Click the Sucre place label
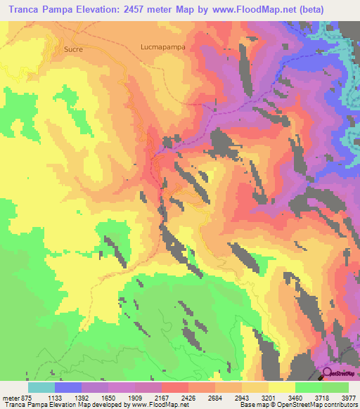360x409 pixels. coord(73,50)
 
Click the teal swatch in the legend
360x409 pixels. coord(41,387)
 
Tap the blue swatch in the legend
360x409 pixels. coord(68,387)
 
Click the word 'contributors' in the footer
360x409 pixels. coord(341,405)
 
